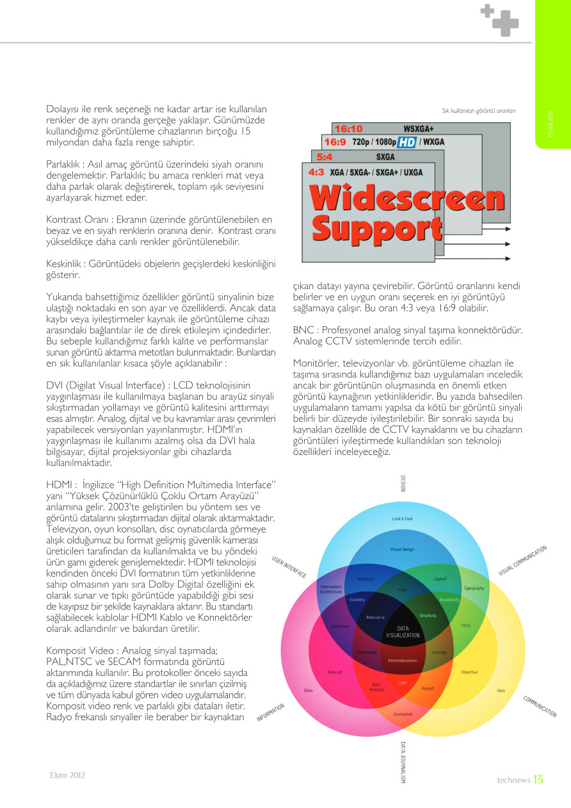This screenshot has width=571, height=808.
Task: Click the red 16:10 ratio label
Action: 348,129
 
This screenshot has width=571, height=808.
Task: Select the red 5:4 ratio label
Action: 325,156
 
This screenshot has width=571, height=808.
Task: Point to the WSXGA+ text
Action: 419,129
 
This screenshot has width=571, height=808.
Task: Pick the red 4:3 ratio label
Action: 316,172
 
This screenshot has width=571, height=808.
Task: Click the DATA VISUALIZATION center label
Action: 403,632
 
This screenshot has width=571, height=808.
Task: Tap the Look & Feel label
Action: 402,518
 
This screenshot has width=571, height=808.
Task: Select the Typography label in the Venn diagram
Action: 474,588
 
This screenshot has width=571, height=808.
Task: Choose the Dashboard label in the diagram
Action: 341,625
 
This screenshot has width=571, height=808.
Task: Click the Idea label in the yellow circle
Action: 501,690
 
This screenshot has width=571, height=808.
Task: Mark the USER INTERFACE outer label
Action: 289,567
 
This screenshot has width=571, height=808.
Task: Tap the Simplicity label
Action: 428,615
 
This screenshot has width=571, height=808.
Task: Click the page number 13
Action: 538,780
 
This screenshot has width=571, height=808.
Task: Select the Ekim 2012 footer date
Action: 67,775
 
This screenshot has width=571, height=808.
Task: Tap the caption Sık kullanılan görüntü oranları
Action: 478,111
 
